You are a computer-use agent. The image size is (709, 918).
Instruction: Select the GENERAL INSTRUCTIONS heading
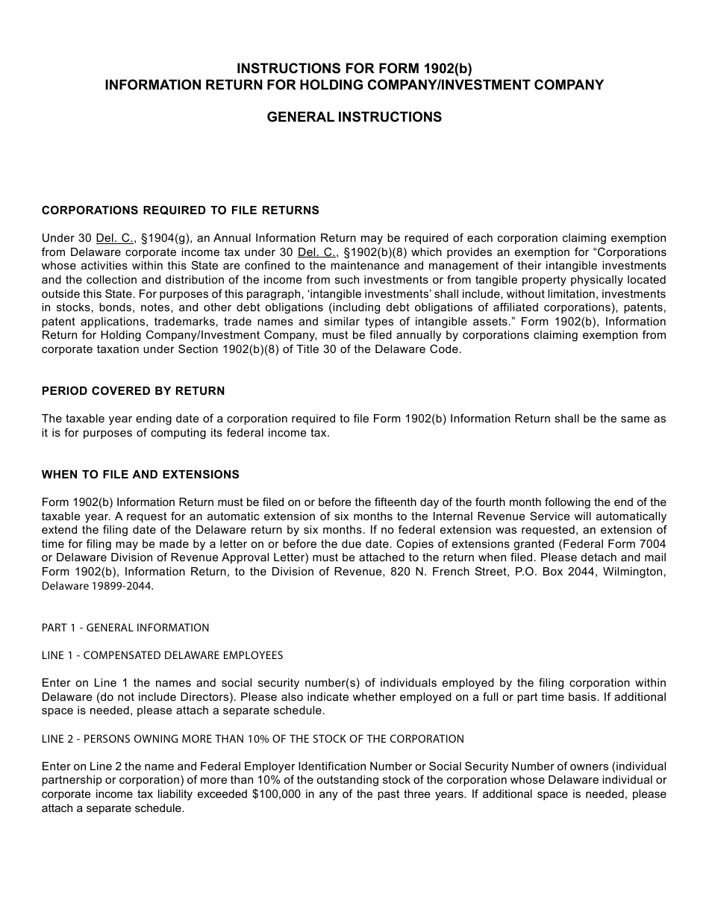[354, 117]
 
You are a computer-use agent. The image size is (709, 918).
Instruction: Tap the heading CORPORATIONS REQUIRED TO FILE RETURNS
[180, 210]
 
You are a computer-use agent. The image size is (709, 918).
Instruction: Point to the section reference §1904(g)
[166, 238]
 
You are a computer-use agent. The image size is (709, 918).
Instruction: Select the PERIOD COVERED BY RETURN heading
[133, 391]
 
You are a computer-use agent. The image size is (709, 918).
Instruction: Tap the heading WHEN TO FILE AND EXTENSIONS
[140, 475]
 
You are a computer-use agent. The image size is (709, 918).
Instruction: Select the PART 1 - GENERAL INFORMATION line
[125, 628]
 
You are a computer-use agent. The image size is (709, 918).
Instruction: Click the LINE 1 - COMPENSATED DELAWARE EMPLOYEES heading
[162, 655]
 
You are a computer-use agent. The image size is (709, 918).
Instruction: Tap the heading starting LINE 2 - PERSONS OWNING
[252, 739]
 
